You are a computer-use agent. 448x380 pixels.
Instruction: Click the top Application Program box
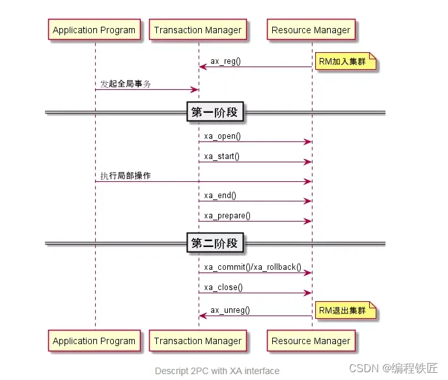point(94,30)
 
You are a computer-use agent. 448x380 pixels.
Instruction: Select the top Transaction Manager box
point(197,30)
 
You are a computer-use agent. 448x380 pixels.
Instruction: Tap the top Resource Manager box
point(311,30)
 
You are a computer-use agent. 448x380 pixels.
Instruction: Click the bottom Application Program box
point(94,341)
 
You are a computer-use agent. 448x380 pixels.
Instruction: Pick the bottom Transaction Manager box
point(197,341)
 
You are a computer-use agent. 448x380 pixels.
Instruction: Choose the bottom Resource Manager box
point(311,341)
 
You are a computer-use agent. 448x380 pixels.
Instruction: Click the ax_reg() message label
point(225,61)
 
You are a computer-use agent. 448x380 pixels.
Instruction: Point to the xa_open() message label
point(222,136)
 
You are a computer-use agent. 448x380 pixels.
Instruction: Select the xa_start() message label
point(221,156)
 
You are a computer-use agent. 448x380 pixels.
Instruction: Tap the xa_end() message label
point(220,196)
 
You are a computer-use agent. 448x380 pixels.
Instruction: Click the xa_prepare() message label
point(227,216)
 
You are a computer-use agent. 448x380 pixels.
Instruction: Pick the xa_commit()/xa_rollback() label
point(253,267)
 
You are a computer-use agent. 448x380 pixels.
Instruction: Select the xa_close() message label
point(223,287)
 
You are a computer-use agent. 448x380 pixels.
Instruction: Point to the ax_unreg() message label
point(229,310)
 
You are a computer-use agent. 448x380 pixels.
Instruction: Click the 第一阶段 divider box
point(214,113)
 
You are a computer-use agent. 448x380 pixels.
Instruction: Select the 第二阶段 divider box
point(214,244)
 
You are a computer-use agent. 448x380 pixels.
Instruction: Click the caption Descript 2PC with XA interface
point(217,371)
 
